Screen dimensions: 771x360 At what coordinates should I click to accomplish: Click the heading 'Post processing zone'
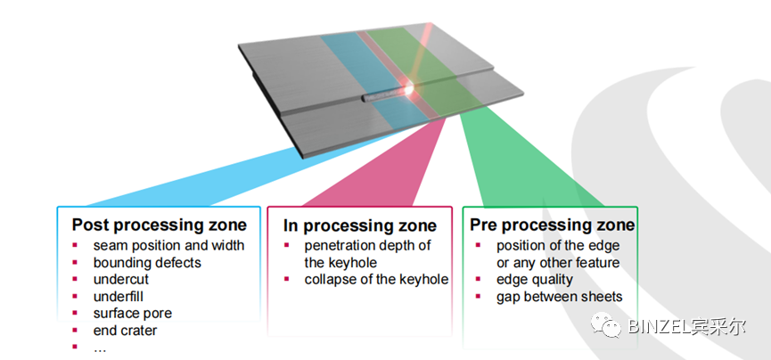click(160, 225)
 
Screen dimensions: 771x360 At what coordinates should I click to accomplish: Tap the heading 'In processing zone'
click(360, 225)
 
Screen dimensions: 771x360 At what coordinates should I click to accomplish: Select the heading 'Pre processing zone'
click(553, 225)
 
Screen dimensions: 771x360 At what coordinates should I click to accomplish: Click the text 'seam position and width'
click(168, 245)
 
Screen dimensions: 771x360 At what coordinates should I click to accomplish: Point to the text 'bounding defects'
click(147, 263)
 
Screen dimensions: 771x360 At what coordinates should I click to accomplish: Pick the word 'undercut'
click(121, 279)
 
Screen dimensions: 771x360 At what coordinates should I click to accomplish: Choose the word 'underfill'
click(118, 297)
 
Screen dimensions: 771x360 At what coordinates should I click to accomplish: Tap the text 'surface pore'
click(132, 314)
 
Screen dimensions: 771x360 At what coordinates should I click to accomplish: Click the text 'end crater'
click(125, 330)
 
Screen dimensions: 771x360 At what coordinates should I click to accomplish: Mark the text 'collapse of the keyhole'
click(376, 279)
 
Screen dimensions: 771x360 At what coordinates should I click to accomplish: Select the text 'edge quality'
click(535, 280)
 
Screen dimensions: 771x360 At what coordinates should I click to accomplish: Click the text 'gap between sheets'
click(560, 297)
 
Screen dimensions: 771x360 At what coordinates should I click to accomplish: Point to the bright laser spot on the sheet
click(408, 89)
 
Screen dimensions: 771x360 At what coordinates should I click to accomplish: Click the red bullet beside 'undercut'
click(75, 279)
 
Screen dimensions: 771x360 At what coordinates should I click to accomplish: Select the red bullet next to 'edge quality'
click(478, 279)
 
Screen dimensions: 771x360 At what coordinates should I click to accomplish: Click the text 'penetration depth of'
click(367, 245)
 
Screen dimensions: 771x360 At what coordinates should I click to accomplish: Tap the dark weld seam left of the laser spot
click(382, 96)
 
